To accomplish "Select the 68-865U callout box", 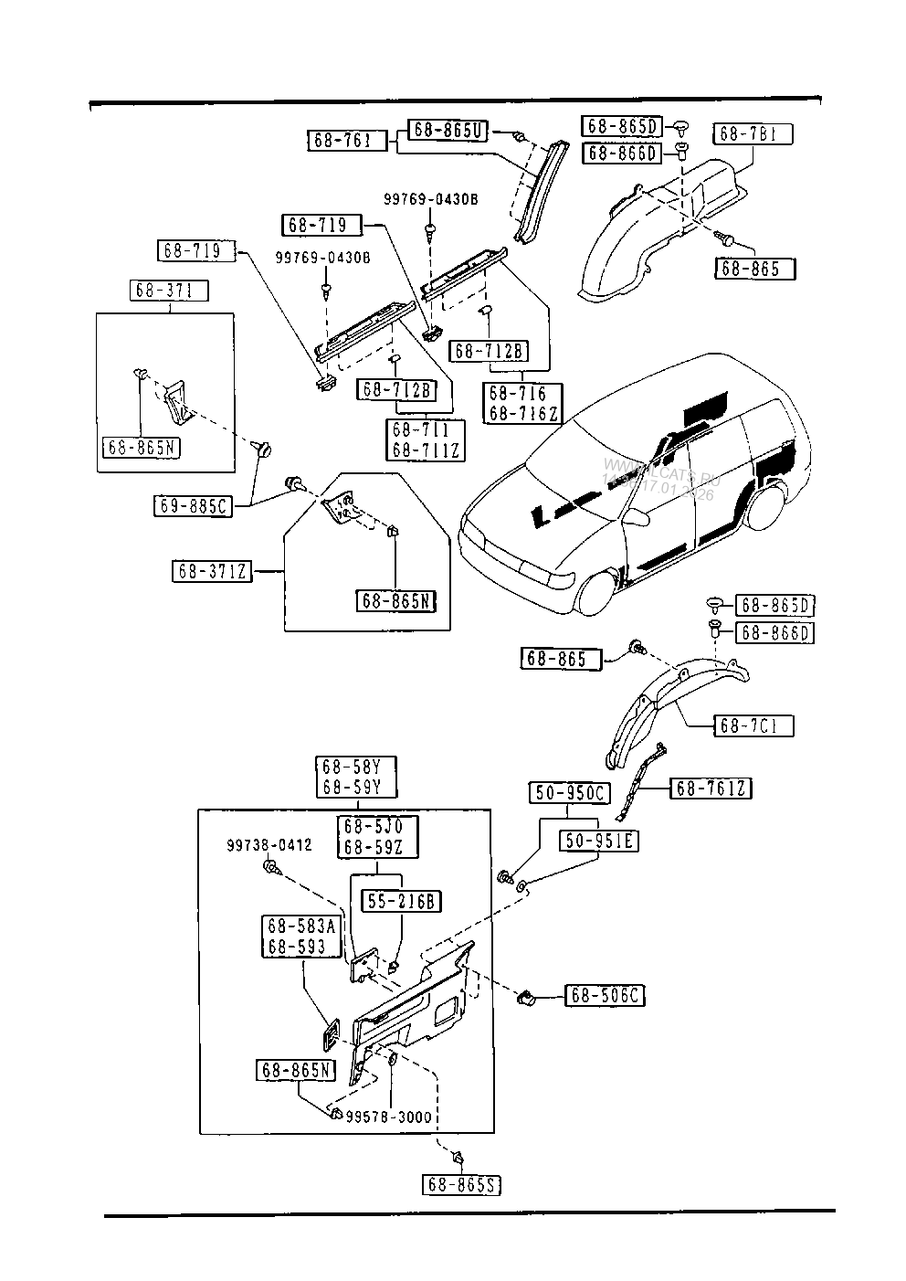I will coord(447,130).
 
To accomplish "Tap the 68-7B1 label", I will coord(753,134).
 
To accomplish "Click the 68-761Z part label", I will coord(711,788).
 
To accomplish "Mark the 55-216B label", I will coord(402,902).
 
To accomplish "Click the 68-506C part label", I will coord(606,995).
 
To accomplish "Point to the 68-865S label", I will coord(463,1184).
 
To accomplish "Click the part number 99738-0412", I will coord(269,846).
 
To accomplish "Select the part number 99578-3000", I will coord(389,1117).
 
